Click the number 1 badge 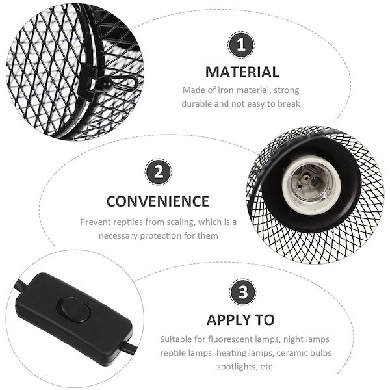tap(241, 45)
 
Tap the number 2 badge tap(158, 172)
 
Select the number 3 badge tap(242, 292)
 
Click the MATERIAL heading tap(242, 72)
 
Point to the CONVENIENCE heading tap(158, 201)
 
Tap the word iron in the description tap(226, 90)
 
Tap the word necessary tap(118, 236)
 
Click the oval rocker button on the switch tap(73, 310)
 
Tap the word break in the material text tap(289, 104)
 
